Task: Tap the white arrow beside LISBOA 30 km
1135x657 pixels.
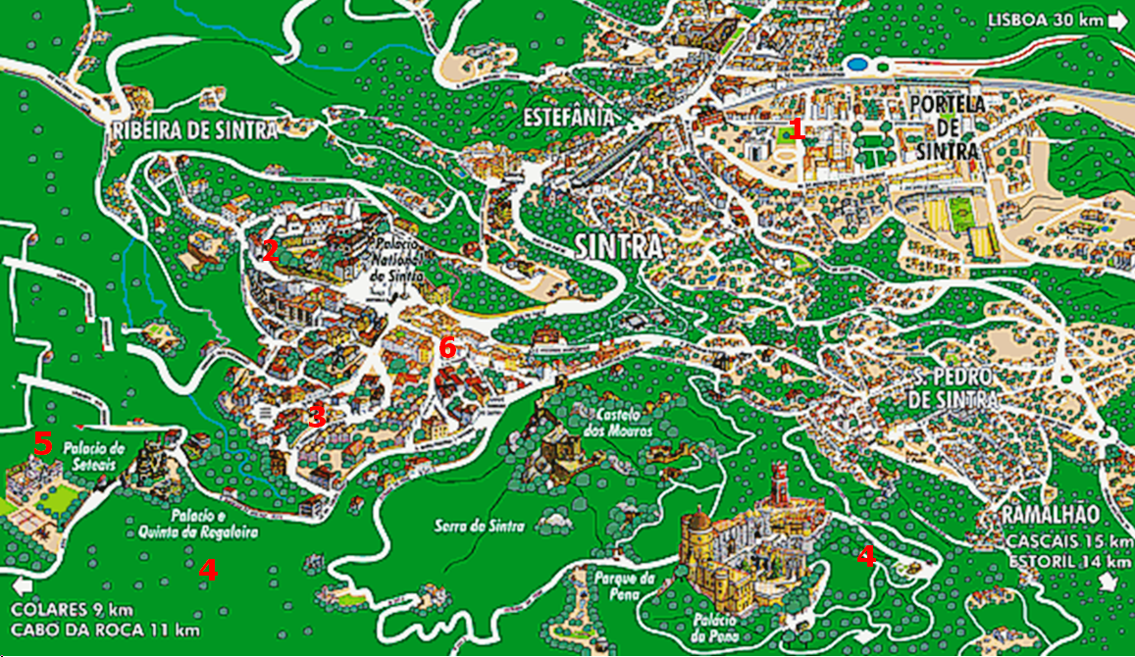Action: pos(1119,20)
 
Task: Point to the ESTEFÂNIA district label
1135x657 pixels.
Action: pos(569,118)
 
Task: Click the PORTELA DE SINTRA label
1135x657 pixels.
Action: pos(948,127)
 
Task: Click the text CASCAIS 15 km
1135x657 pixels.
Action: pos(1066,542)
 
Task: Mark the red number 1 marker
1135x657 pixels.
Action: pos(797,128)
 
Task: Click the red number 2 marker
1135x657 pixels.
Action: pos(270,251)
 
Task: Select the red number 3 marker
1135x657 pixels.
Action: pos(316,416)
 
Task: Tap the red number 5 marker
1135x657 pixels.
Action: pos(42,443)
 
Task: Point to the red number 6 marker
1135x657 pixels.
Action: pos(447,347)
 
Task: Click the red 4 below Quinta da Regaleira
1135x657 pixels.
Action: pos(208,569)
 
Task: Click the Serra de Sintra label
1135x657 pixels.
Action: pos(480,527)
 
